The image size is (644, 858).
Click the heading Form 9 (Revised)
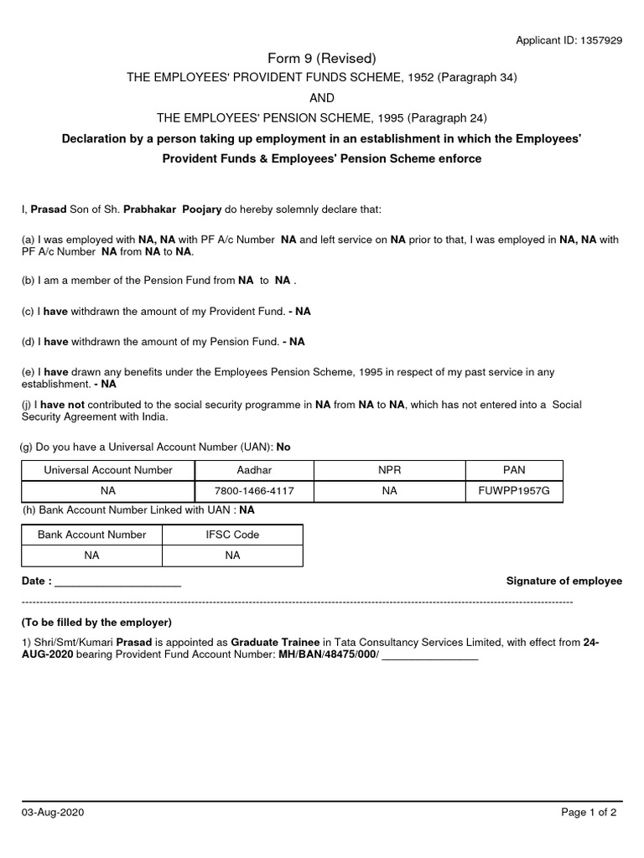(322, 58)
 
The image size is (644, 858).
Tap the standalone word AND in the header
(322, 97)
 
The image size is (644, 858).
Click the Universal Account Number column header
(108, 470)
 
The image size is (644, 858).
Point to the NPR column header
(390, 470)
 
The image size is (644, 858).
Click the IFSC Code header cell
(232, 535)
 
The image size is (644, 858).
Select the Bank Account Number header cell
(91, 535)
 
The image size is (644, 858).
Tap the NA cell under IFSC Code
(232, 556)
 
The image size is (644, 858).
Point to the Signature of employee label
(564, 581)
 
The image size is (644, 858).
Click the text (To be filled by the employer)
(96, 623)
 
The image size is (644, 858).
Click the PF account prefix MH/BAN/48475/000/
(329, 656)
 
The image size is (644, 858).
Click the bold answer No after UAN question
(283, 447)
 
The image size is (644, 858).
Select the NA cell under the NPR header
(390, 491)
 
